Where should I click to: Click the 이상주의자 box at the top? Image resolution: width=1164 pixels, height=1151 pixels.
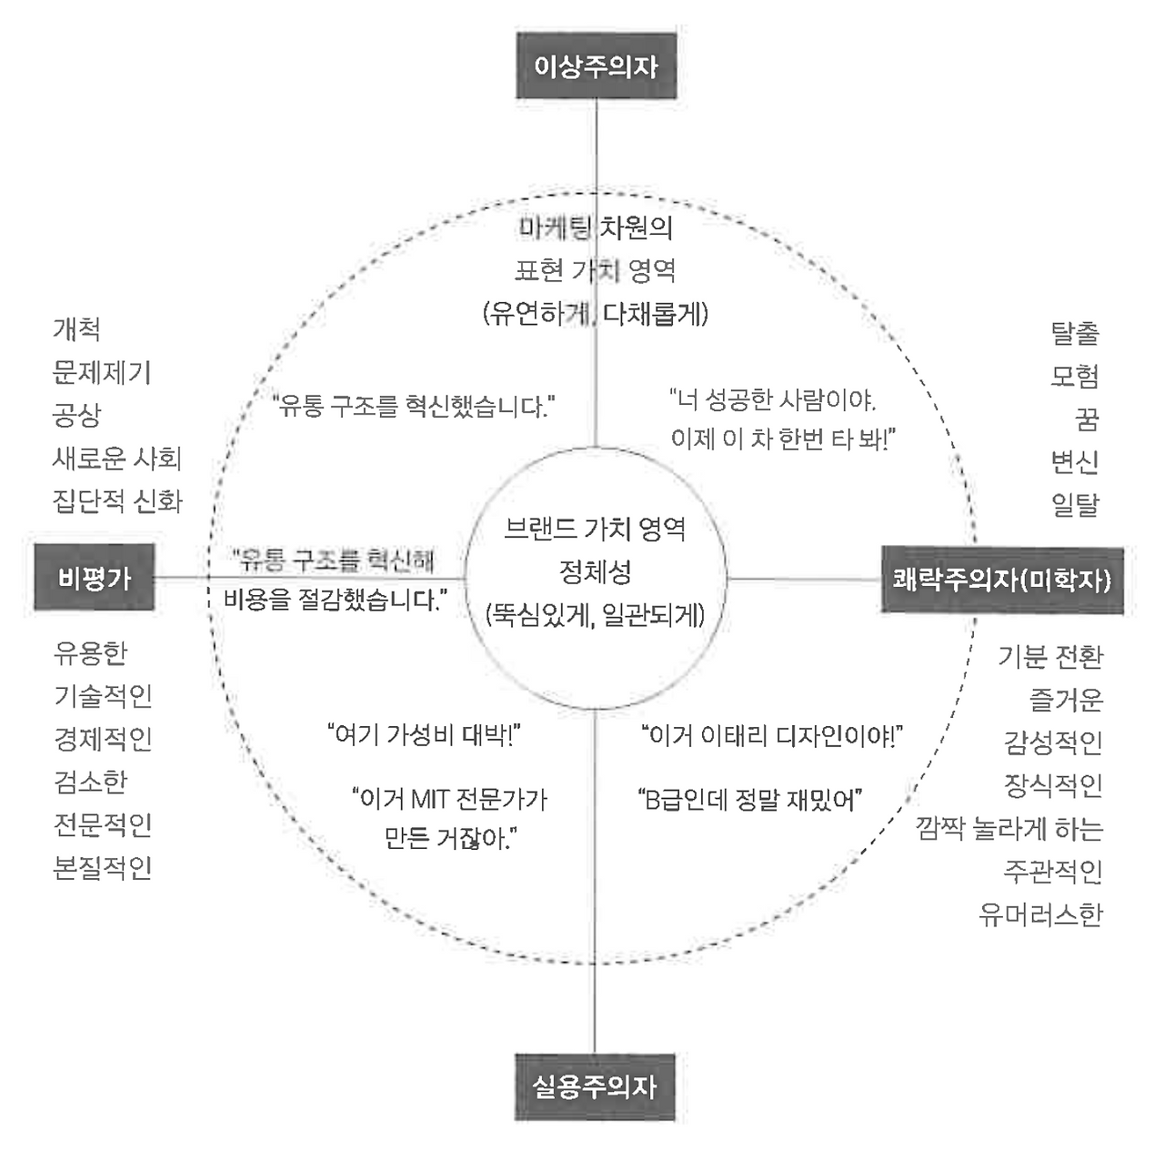(596, 66)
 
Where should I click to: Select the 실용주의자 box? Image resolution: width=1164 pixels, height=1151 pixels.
(595, 1086)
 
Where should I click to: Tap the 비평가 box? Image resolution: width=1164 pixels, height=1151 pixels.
(95, 578)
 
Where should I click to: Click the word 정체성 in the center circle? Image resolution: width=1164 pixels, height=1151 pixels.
(595, 572)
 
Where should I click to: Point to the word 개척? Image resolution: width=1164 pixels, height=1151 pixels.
(76, 329)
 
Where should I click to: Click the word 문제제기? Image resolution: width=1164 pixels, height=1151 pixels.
(102, 372)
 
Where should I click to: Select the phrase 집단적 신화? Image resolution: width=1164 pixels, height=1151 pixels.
(117, 500)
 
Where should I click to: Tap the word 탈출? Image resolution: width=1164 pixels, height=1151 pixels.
(1075, 333)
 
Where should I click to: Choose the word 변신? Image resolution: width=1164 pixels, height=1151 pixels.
(1075, 461)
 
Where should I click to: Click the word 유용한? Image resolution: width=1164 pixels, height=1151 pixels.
(91, 652)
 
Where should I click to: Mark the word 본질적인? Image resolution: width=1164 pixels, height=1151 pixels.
(103, 867)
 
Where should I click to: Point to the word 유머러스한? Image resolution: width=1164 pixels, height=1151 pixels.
(1040, 914)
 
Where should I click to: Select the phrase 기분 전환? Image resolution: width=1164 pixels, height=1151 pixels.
(1050, 656)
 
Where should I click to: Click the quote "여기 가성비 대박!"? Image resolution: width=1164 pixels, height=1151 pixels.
(423, 734)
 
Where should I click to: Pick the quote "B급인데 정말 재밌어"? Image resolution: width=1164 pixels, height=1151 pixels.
(749, 800)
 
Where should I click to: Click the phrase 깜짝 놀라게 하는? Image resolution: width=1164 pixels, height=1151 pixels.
(1009, 828)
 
